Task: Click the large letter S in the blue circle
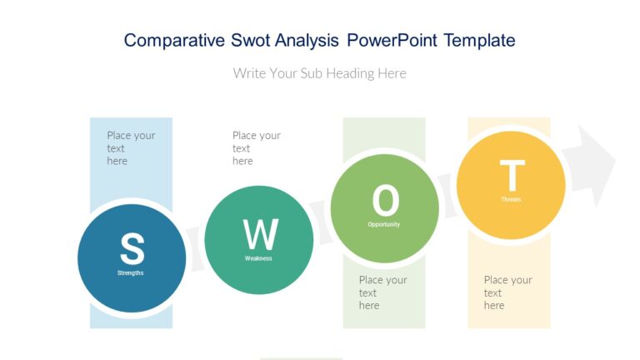pos(132,248)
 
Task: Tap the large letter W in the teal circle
pos(260,234)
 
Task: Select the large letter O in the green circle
pos(385,201)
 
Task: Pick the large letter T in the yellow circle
pos(512,176)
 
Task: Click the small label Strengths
pos(131,272)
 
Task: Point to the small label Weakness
pos(258,258)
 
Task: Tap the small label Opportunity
pos(384,224)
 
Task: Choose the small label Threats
pos(511,199)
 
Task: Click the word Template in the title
pos(479,40)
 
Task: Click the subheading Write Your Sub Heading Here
pos(320,73)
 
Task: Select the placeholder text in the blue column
pos(131,147)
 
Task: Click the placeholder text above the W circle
pos(256,147)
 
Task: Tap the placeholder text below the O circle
pos(382,292)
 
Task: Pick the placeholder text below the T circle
pos(507,292)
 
